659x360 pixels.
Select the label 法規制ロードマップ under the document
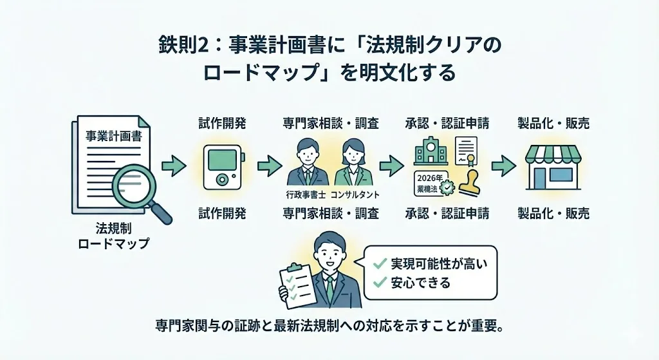pos(113,236)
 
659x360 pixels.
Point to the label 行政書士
pos(305,193)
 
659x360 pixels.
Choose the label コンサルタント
pos(355,193)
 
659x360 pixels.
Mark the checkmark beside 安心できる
pos(380,282)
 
